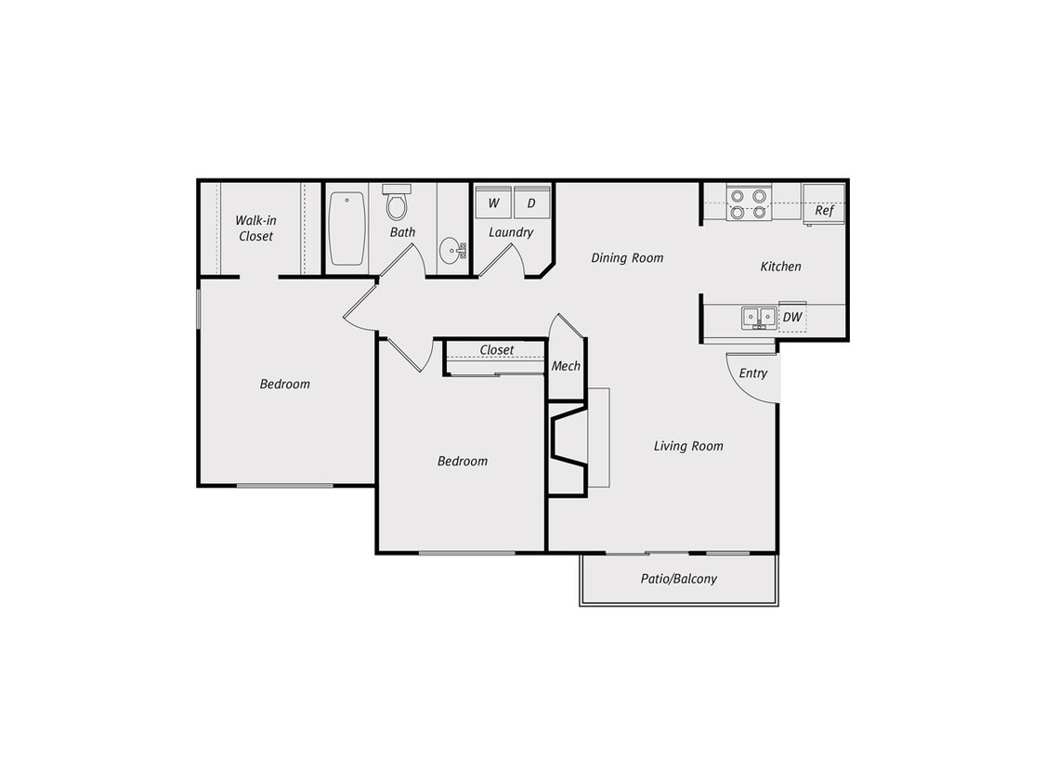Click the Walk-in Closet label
(x=255, y=229)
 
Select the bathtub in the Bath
(x=346, y=228)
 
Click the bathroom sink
(x=453, y=250)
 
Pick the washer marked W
(x=493, y=203)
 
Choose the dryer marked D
(x=531, y=203)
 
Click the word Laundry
(x=511, y=232)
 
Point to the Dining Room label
(x=627, y=258)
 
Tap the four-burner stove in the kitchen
(x=748, y=203)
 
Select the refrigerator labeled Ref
(x=824, y=203)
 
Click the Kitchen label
(x=780, y=267)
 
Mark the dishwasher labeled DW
(x=792, y=318)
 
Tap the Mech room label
(x=566, y=366)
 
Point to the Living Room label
(x=688, y=446)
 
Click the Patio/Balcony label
(x=679, y=579)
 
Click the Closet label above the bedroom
(x=496, y=350)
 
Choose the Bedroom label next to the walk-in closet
(x=285, y=384)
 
